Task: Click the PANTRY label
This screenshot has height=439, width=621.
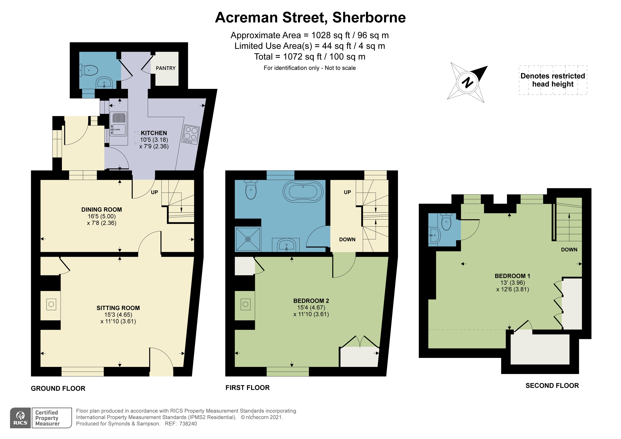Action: coord(166,68)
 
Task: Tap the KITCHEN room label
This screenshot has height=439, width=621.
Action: coord(154,133)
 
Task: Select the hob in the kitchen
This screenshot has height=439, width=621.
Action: coord(191,135)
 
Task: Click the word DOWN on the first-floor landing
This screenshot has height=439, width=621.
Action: coord(347,239)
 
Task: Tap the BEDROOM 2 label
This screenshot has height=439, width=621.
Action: coord(311,301)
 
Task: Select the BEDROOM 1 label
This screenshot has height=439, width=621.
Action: coord(512,276)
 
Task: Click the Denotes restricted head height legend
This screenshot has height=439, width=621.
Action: coord(553,80)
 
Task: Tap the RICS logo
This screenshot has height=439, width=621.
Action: coord(21,418)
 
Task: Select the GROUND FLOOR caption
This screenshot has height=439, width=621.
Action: coord(58,388)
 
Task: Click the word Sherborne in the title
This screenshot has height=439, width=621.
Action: coord(369,18)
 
